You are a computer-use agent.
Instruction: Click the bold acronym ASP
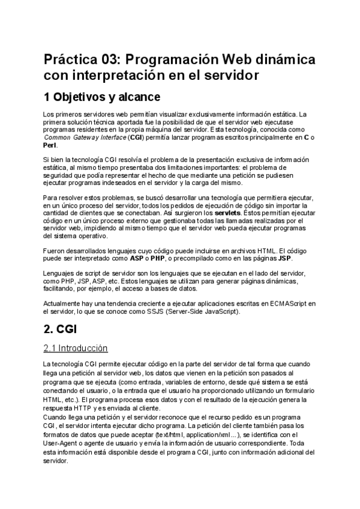click(137, 259)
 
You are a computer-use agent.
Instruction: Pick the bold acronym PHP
click(158, 259)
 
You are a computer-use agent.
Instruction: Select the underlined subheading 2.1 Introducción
click(76, 348)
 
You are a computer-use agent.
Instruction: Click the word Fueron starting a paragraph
click(55, 251)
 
